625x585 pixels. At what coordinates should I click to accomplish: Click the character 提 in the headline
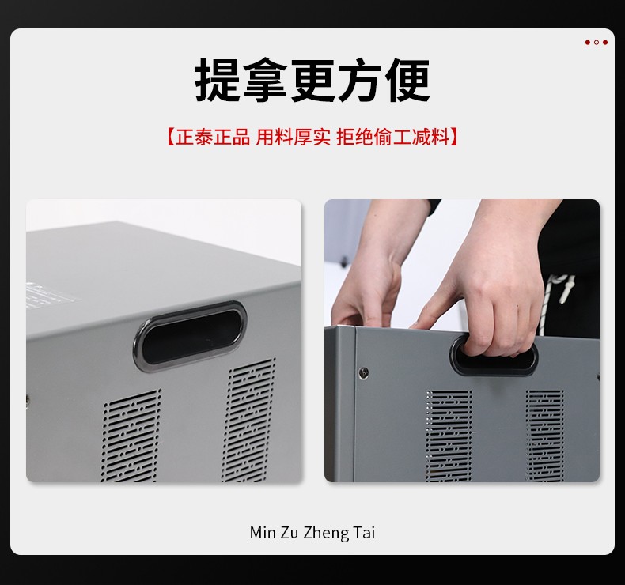click(x=218, y=80)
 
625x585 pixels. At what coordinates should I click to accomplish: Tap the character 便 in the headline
click(x=407, y=80)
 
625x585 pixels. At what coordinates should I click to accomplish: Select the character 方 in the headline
click(x=360, y=80)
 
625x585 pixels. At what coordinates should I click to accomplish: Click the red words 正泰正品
click(x=213, y=137)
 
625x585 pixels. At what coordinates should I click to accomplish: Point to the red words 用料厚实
click(x=293, y=137)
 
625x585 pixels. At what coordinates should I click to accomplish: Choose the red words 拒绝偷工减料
click(x=393, y=137)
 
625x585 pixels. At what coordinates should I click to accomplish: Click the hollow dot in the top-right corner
click(x=597, y=42)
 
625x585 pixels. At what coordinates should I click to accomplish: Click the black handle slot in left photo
click(x=191, y=336)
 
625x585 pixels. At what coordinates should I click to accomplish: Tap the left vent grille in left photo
click(x=131, y=436)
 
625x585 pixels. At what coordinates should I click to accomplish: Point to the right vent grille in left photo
click(x=248, y=420)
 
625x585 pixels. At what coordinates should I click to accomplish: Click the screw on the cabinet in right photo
click(x=363, y=373)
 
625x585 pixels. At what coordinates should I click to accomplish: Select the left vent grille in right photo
click(x=449, y=436)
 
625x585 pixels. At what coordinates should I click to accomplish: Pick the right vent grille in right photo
click(x=544, y=436)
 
